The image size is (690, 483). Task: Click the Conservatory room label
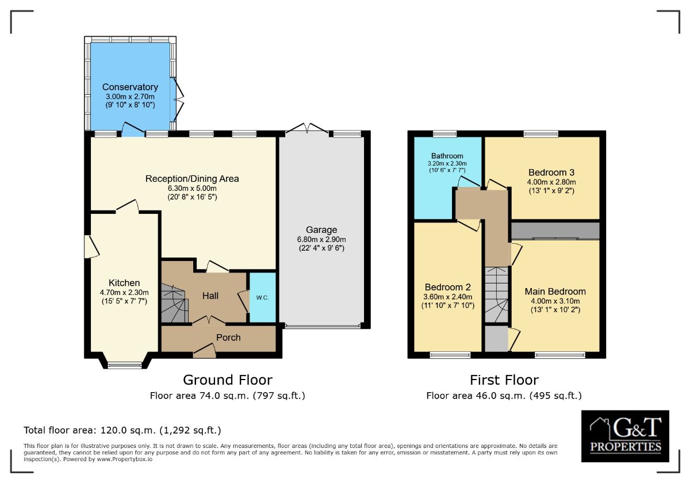(x=130, y=87)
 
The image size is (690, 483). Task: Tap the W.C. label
(x=262, y=298)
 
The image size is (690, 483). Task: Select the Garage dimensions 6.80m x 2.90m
(x=321, y=239)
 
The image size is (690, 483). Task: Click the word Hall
(x=210, y=296)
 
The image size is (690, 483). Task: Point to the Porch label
(x=228, y=338)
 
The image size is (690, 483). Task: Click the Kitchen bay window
(x=125, y=365)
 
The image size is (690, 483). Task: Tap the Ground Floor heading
(x=228, y=380)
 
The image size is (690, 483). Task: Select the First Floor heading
(x=504, y=380)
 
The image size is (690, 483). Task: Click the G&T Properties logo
(x=625, y=436)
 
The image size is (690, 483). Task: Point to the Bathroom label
(x=447, y=156)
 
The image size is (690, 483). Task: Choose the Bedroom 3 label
(x=551, y=172)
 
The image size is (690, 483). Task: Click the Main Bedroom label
(x=555, y=292)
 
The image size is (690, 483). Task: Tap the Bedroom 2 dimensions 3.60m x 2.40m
(x=447, y=297)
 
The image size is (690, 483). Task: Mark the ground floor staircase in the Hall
(x=174, y=303)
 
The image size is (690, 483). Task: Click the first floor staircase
(x=496, y=295)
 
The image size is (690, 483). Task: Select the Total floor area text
(x=122, y=430)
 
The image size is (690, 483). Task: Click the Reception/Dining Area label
(x=192, y=179)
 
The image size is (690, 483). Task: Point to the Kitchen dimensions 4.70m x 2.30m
(x=124, y=293)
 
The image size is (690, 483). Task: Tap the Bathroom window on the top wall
(x=444, y=133)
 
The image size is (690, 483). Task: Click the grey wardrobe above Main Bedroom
(x=555, y=231)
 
